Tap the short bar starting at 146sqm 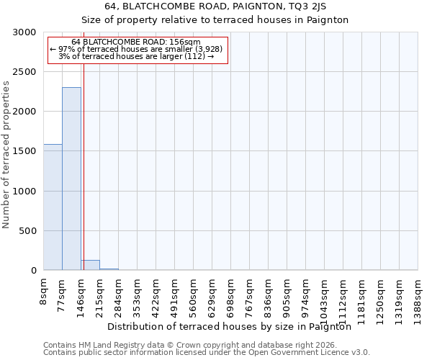tap(90, 265)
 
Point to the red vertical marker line tap(84, 166)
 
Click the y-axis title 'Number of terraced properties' tap(6, 155)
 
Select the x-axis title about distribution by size tap(234, 327)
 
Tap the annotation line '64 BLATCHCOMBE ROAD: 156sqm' tap(136, 42)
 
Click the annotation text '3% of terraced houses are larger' tap(136, 56)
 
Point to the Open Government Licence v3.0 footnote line tap(207, 353)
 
